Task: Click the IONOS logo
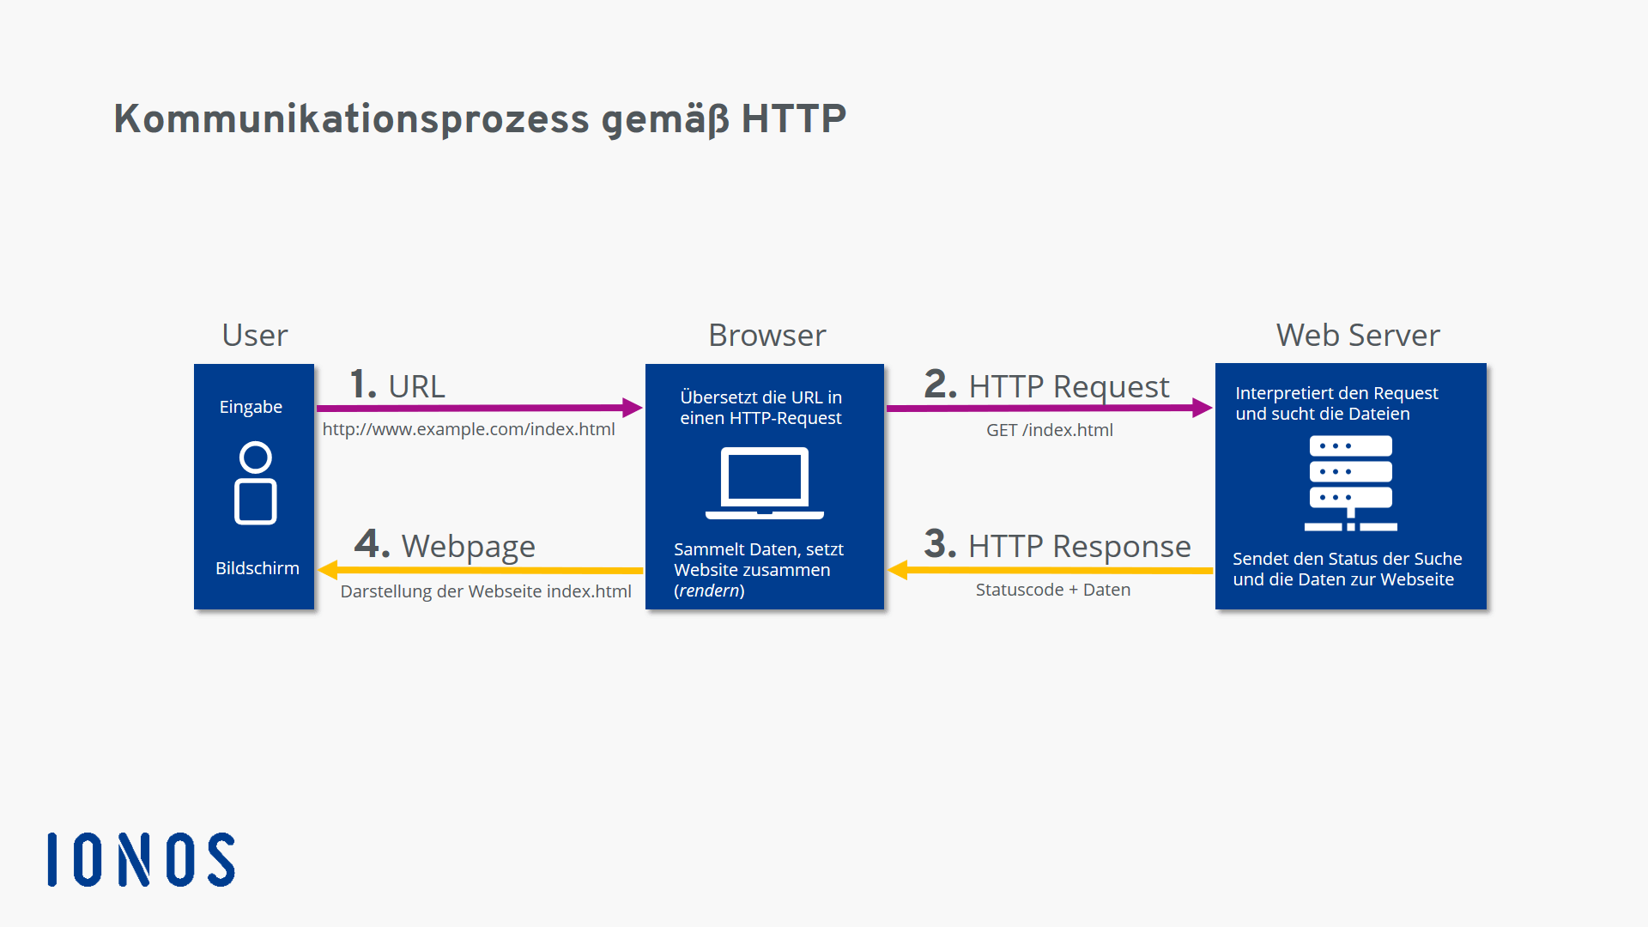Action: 142,859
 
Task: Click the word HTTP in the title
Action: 793,118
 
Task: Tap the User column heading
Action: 254,335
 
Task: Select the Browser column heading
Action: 766,335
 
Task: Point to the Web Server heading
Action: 1357,335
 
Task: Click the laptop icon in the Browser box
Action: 764,482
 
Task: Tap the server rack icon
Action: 1350,482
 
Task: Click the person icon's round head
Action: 255,457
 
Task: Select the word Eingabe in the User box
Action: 251,407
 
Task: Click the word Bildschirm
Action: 257,568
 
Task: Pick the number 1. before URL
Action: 362,385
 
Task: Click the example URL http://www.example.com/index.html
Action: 468,429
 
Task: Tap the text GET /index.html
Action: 1049,430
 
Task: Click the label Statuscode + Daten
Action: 1052,590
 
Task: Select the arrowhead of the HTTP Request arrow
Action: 1202,408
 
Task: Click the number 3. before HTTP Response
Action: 939,544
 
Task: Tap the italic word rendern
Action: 709,591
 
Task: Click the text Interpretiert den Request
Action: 1336,393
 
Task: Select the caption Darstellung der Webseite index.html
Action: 485,591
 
